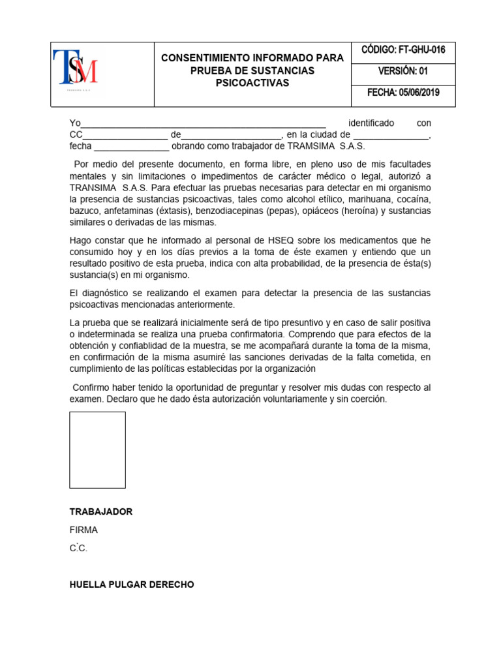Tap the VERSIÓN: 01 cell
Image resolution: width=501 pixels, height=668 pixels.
(403, 71)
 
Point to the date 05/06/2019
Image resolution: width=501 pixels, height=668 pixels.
(421, 93)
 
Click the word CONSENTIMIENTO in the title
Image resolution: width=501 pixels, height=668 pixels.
(207, 58)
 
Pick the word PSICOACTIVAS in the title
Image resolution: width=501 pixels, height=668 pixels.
(252, 83)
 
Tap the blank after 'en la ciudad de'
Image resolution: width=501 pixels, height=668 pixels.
(391, 135)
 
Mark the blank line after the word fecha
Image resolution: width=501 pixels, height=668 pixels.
(131, 146)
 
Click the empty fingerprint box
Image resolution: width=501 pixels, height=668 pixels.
(97, 449)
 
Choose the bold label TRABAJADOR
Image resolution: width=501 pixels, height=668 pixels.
(101, 511)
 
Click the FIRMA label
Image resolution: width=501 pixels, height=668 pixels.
(83, 530)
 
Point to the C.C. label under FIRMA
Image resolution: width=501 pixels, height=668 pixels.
(78, 549)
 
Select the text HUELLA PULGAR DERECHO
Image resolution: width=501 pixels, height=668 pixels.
(132, 584)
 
